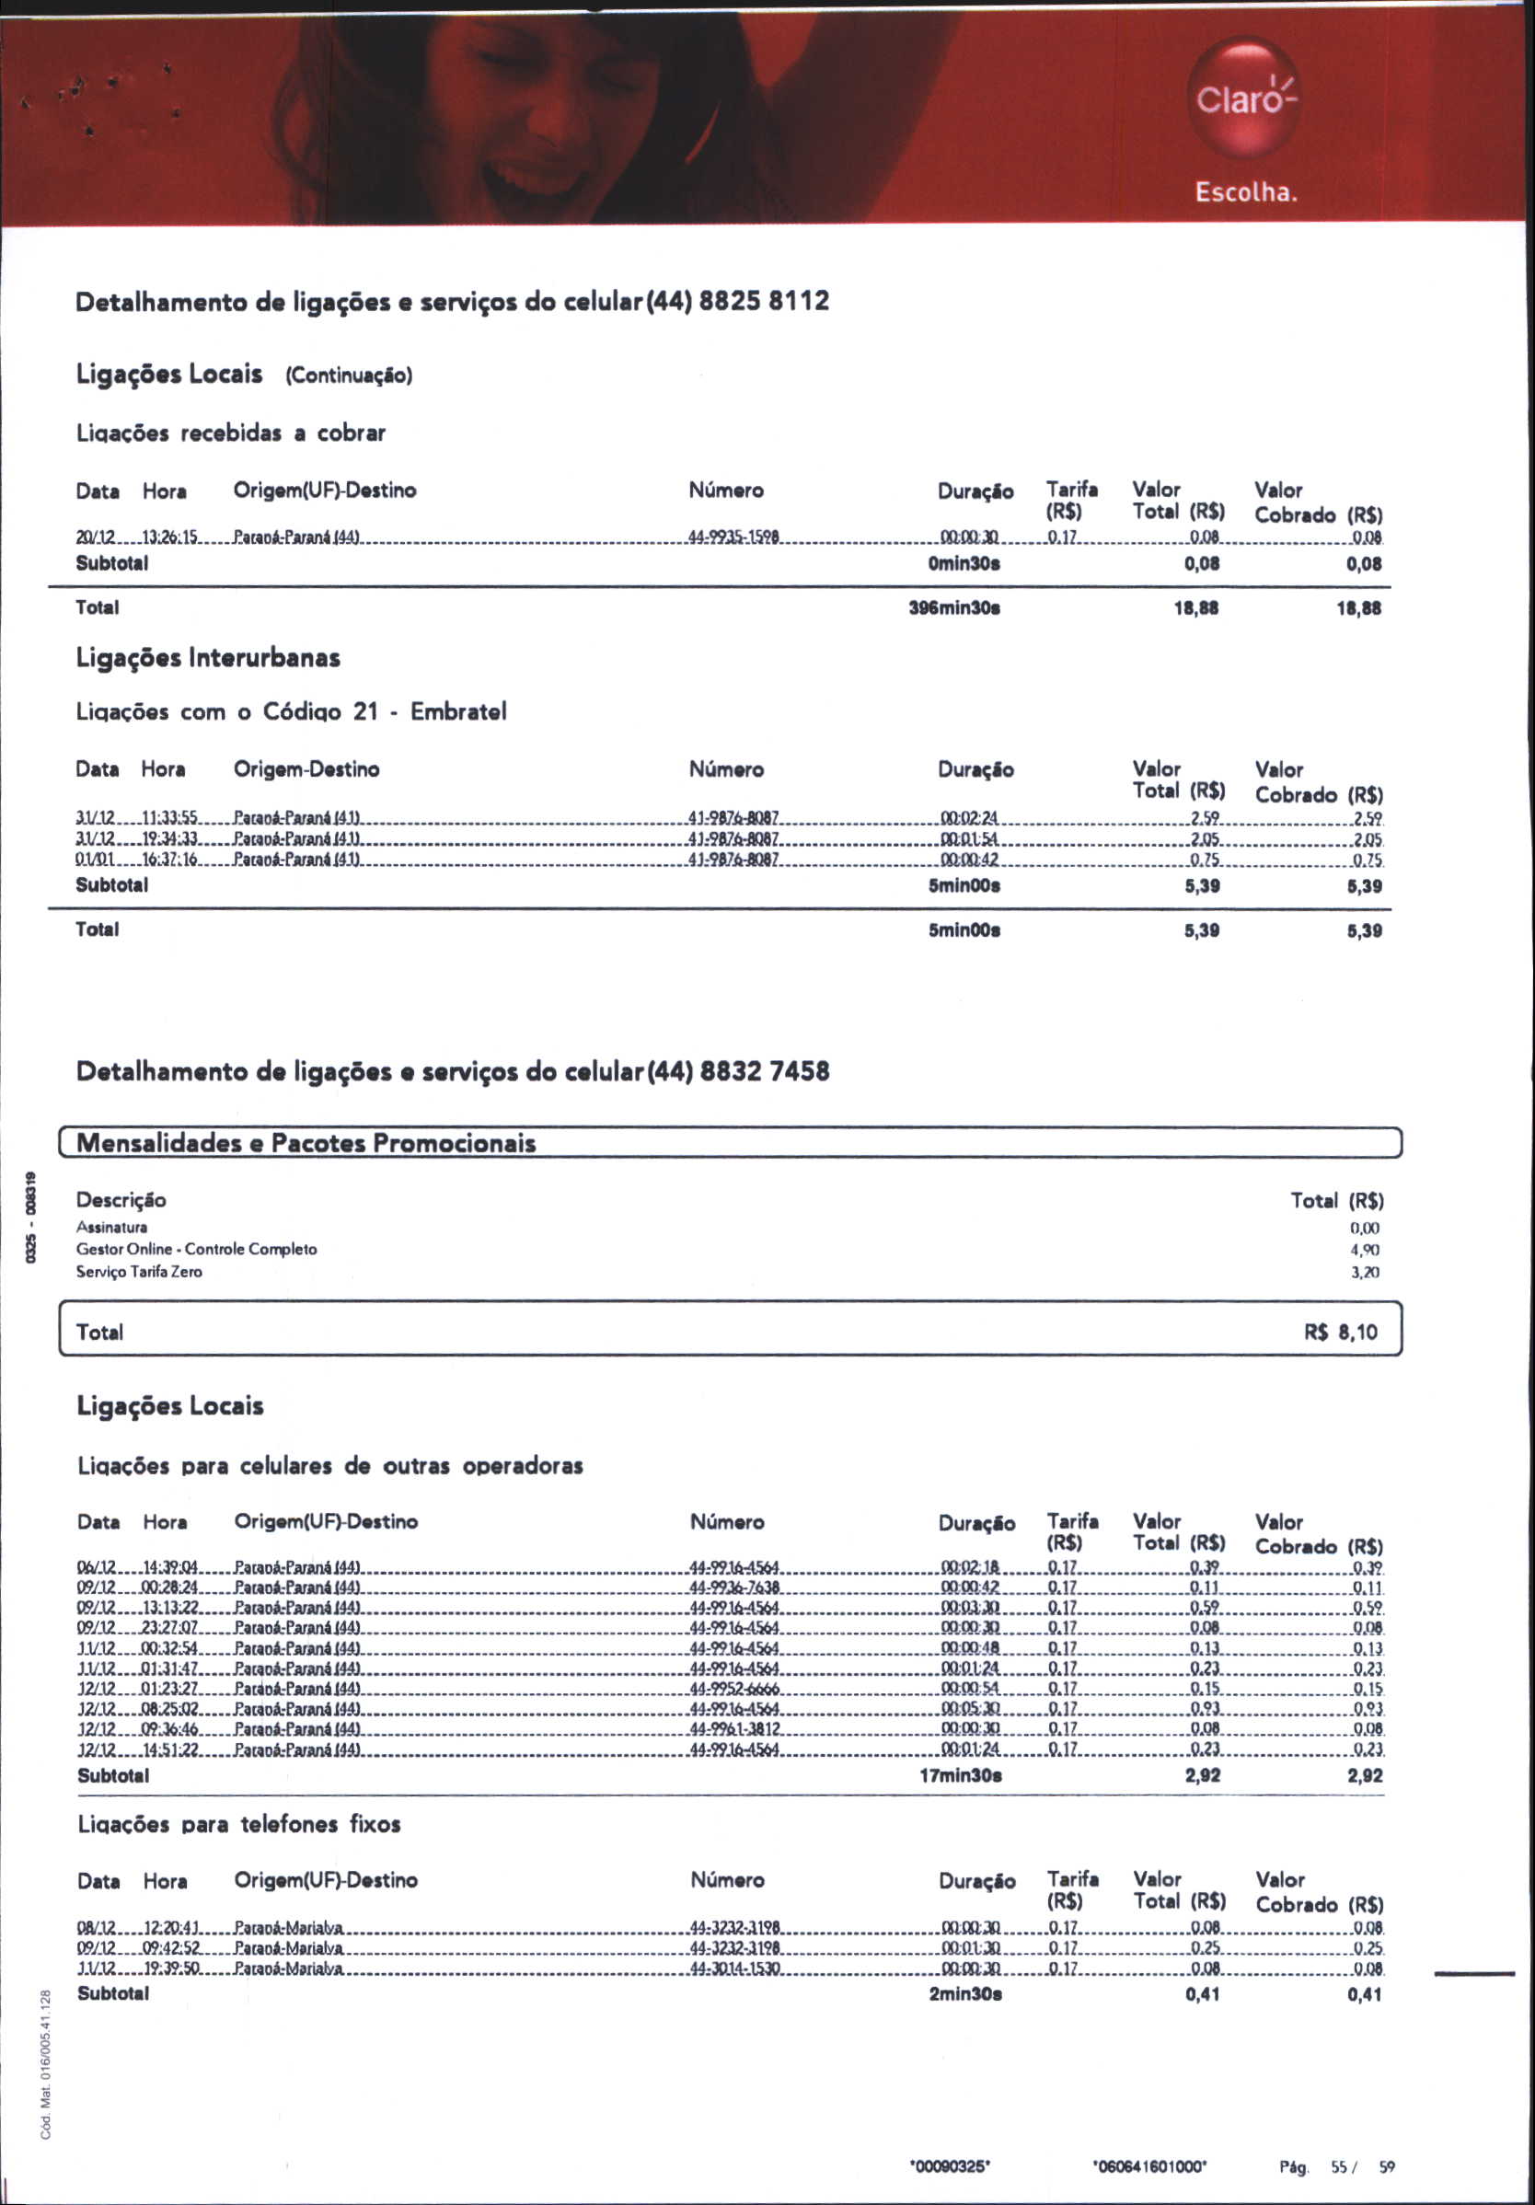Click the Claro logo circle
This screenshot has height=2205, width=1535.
click(1245, 97)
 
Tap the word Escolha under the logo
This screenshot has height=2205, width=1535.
click(1246, 192)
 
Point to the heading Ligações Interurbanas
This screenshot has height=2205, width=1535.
click(207, 659)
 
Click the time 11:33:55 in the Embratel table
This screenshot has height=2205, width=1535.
click(169, 818)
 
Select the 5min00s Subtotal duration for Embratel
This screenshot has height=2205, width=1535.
click(964, 885)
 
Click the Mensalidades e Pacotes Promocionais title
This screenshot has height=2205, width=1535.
click(306, 1143)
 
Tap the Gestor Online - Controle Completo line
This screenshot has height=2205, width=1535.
click(196, 1250)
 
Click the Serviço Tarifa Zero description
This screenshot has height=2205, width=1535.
click(139, 1272)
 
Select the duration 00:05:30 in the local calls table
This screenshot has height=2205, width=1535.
click(970, 1710)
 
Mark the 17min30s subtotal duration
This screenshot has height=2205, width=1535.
click(961, 1776)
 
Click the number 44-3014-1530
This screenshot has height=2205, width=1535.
click(735, 1969)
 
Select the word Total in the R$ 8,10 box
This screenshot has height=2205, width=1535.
click(100, 1332)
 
